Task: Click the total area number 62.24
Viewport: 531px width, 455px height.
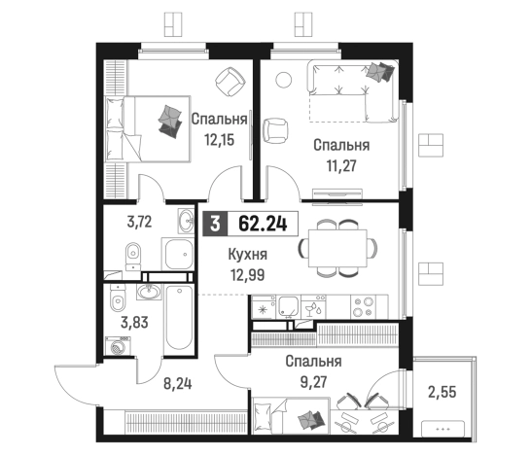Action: [263, 224]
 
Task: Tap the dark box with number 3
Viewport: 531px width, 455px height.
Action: [215, 224]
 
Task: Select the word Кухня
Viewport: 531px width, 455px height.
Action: [248, 255]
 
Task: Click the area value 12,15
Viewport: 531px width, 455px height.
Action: [219, 139]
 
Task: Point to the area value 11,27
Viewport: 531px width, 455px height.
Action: [341, 166]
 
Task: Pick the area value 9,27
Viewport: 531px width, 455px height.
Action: [313, 382]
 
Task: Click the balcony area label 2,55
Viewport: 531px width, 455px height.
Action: [442, 393]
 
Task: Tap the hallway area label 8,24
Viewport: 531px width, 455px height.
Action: [178, 384]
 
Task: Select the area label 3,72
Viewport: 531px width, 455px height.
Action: [139, 222]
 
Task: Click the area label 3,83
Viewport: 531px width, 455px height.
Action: [134, 323]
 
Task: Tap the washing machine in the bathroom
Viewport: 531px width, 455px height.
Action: [118, 346]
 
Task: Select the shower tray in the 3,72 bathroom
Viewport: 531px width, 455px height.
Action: [178, 254]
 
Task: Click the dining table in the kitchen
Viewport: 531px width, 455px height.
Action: [337, 249]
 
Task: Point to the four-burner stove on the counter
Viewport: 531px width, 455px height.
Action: [363, 306]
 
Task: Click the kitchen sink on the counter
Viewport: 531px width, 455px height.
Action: [288, 306]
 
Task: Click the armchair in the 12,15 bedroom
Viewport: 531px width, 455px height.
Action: [230, 82]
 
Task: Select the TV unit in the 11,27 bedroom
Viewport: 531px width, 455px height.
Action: [337, 193]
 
